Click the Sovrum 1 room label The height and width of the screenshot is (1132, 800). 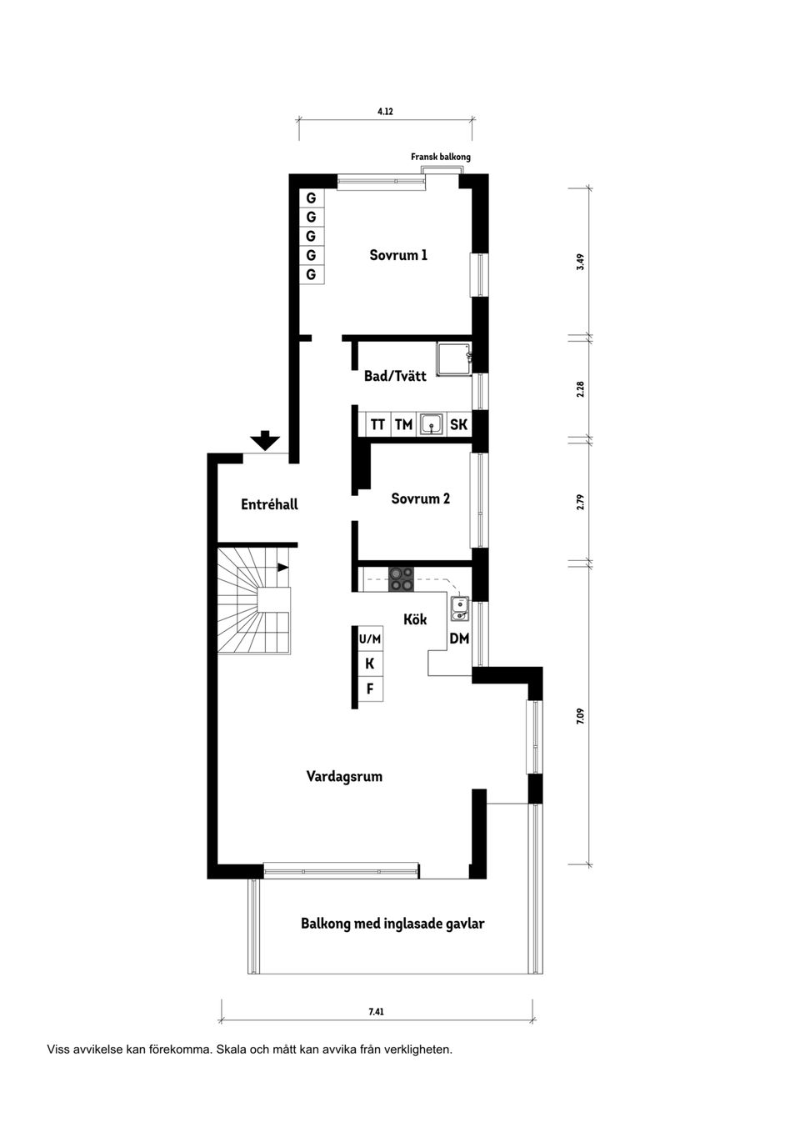pyautogui.click(x=398, y=255)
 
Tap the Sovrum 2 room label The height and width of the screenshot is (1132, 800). pyautogui.click(x=420, y=498)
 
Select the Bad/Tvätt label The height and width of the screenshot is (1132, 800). pyautogui.click(x=395, y=376)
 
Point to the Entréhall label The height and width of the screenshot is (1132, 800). pyautogui.click(x=269, y=504)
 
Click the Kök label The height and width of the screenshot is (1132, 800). pyautogui.click(x=415, y=619)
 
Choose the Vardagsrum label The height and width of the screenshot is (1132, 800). pyautogui.click(x=344, y=776)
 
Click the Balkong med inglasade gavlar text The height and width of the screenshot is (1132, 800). pyautogui.click(x=392, y=924)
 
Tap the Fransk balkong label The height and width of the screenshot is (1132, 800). pyautogui.click(x=440, y=157)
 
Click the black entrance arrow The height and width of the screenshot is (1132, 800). pyautogui.click(x=265, y=440)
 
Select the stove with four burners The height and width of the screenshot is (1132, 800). pyautogui.click(x=401, y=579)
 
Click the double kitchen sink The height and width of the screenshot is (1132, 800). pyautogui.click(x=459, y=609)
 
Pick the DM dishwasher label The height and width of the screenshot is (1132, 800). pyautogui.click(x=459, y=639)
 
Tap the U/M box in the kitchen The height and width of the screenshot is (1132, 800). pyautogui.click(x=369, y=639)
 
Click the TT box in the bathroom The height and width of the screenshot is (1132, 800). pyautogui.click(x=377, y=424)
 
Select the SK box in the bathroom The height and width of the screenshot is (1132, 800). pyautogui.click(x=458, y=424)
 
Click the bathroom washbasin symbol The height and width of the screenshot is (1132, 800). pyautogui.click(x=432, y=424)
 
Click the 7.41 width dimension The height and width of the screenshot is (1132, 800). pyautogui.click(x=376, y=1012)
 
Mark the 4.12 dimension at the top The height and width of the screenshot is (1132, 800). pyautogui.click(x=385, y=111)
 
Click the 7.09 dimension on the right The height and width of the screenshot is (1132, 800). pyautogui.click(x=581, y=715)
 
